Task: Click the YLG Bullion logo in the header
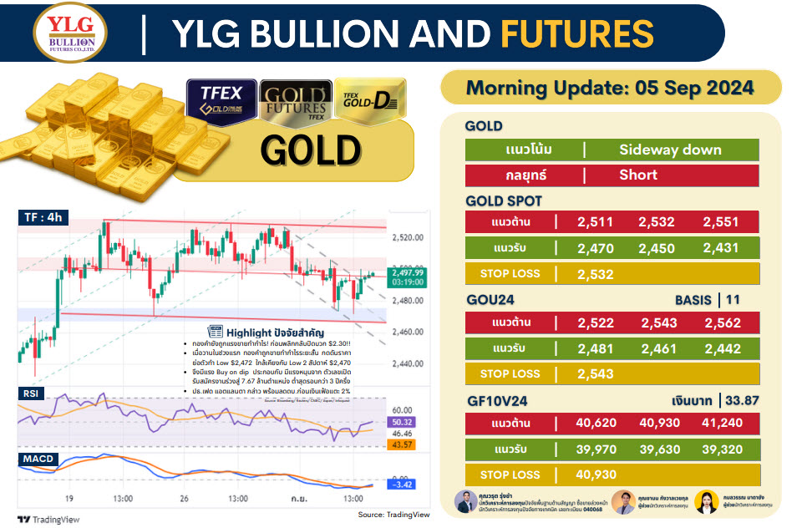point(64,32)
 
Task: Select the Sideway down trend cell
point(670,150)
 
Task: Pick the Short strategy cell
point(638,175)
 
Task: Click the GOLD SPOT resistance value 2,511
point(596,222)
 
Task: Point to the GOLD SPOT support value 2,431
point(723,248)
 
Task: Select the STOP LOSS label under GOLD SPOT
point(510,273)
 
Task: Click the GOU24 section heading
point(490,299)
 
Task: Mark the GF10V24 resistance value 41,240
point(723,423)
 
